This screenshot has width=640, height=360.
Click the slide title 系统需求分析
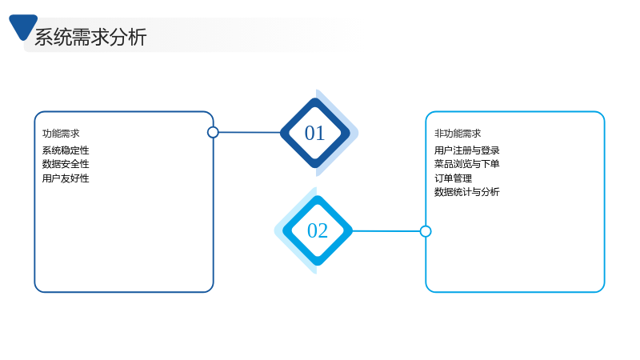90,37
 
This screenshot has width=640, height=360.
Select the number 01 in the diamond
314,133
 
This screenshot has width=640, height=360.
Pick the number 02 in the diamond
318,230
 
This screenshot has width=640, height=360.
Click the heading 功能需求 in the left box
61,134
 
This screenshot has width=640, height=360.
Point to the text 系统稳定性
66,150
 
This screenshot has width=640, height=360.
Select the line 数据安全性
66,164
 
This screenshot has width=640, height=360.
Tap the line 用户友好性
66,178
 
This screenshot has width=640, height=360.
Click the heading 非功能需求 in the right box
458,134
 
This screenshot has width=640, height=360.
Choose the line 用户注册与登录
467,150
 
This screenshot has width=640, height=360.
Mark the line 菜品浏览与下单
467,164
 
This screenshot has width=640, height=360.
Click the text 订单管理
453,178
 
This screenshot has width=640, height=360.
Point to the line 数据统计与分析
467,192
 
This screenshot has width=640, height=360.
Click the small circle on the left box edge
213,132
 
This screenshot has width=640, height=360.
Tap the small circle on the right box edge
426,231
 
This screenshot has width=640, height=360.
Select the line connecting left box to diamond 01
250,132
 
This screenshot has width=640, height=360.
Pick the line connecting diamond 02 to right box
386,231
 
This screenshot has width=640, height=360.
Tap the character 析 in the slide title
138,37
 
